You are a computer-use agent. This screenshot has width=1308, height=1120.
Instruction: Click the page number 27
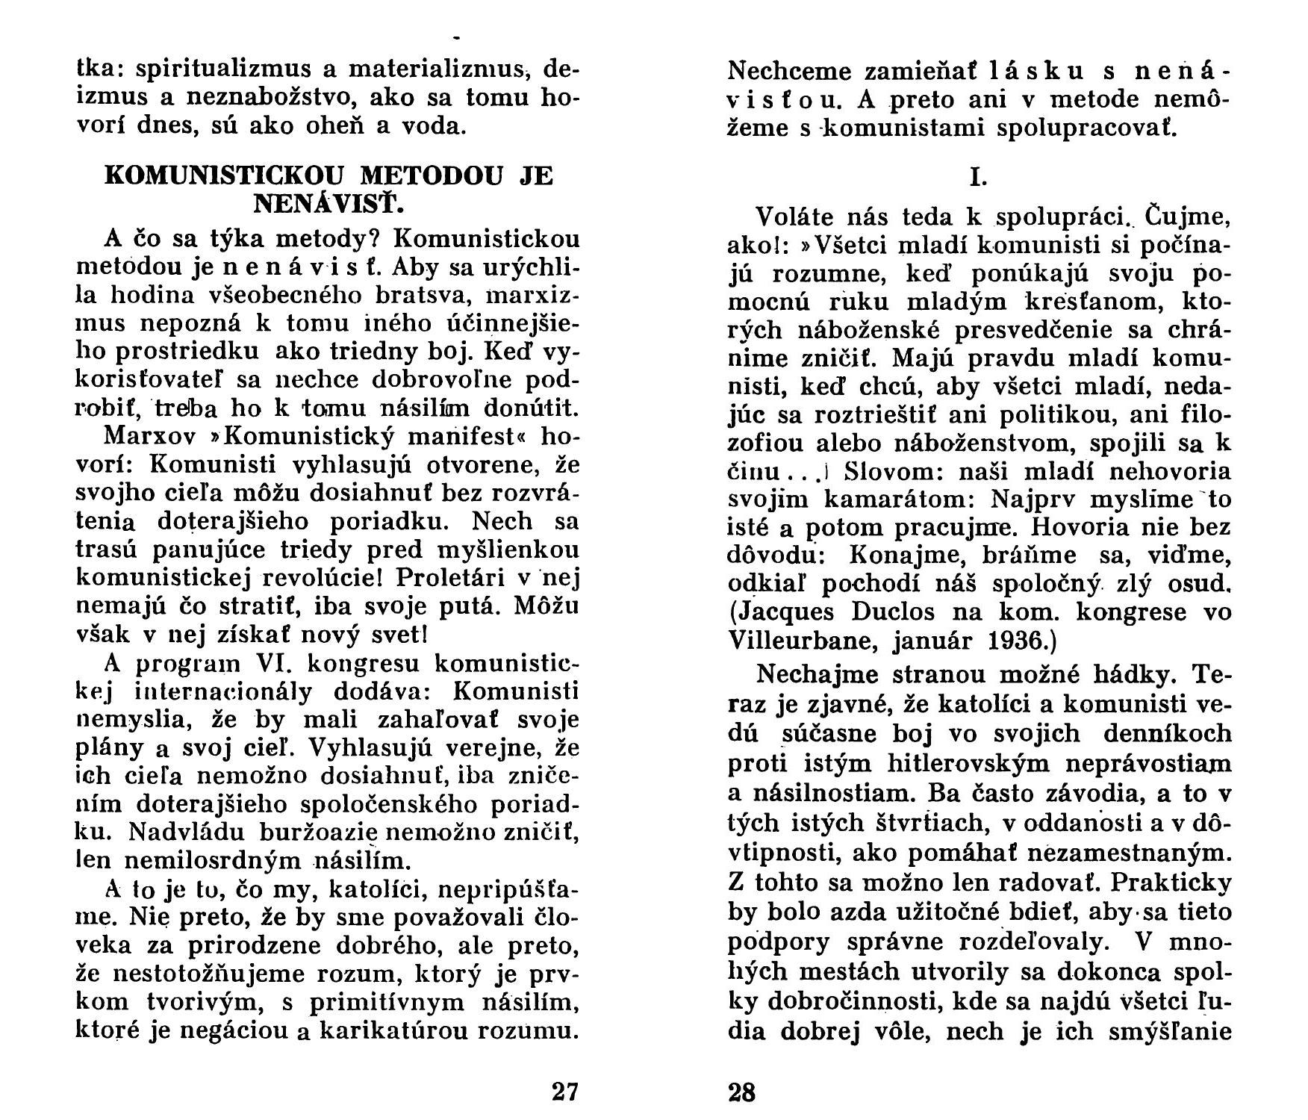[x=565, y=1092]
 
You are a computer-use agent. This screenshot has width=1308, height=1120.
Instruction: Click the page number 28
[x=741, y=1093]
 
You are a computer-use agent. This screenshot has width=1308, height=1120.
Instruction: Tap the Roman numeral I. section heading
[x=978, y=178]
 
